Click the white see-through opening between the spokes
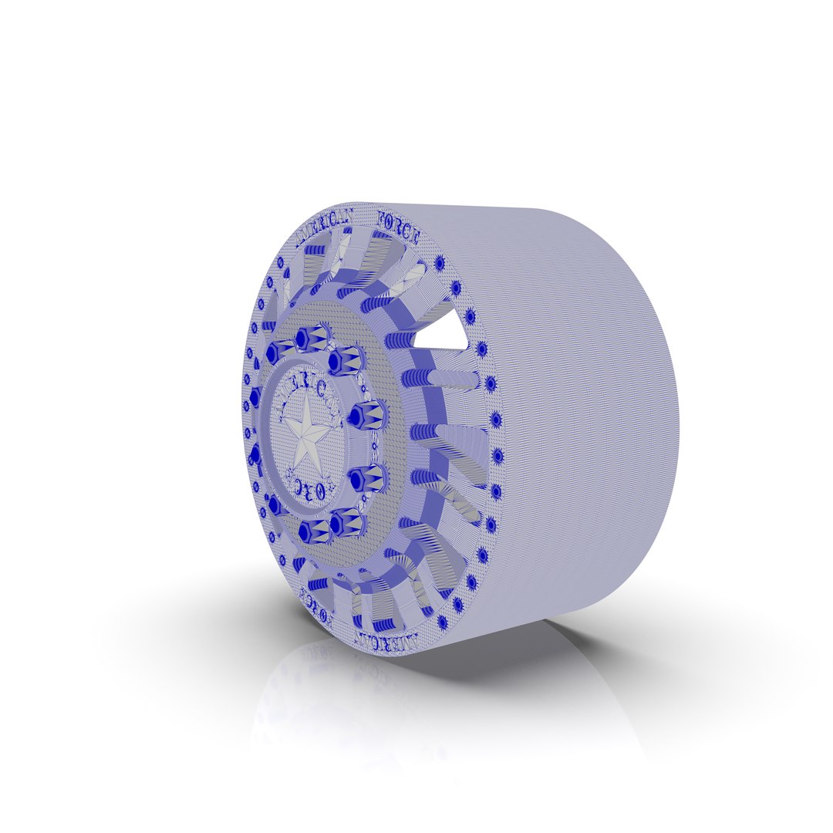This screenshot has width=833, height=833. [x=440, y=334]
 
